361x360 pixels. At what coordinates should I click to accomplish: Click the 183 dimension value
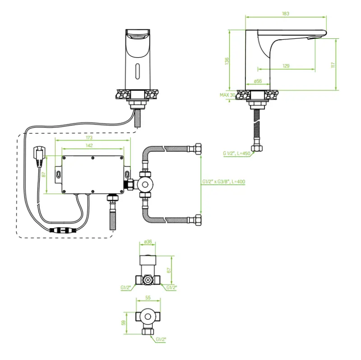coord(285,14)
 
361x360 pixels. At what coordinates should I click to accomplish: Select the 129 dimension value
coord(286,66)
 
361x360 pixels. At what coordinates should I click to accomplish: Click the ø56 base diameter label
coord(258,81)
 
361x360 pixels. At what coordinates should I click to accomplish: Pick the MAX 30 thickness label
coord(227,95)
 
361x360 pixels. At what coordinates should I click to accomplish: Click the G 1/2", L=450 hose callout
coord(236,153)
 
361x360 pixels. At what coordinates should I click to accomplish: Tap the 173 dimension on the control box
coord(89,137)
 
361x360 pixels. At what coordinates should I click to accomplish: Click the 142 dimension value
coord(89,145)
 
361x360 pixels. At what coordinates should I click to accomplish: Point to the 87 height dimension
coord(44,174)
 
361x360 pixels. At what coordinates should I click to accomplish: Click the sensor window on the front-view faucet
coord(136,70)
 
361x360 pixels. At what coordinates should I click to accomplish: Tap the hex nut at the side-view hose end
coord(258,148)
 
